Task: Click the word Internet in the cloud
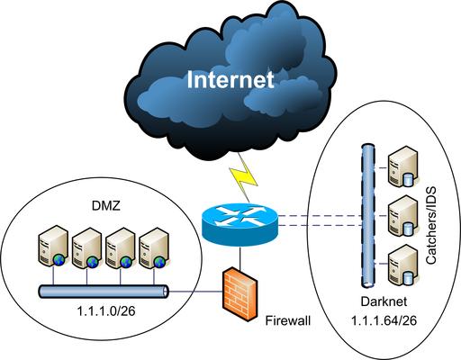[230, 79]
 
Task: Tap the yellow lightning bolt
[244, 178]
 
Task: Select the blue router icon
[240, 223]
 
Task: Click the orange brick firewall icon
[240, 294]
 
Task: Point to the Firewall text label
[288, 320]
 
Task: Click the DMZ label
[105, 206]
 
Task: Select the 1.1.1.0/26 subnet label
[106, 311]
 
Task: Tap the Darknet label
[384, 301]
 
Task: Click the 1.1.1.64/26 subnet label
[384, 320]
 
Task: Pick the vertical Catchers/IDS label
[431, 225]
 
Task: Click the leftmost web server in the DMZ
[52, 246]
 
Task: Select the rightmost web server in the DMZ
[154, 248]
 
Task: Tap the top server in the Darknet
[402, 166]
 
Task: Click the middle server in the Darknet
[402, 216]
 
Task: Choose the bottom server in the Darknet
[402, 265]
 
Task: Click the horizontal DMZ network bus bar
[104, 292]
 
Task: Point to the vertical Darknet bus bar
[368, 215]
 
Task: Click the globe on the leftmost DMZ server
[59, 260]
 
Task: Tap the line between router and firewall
[240, 258]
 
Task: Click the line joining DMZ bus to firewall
[195, 292]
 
